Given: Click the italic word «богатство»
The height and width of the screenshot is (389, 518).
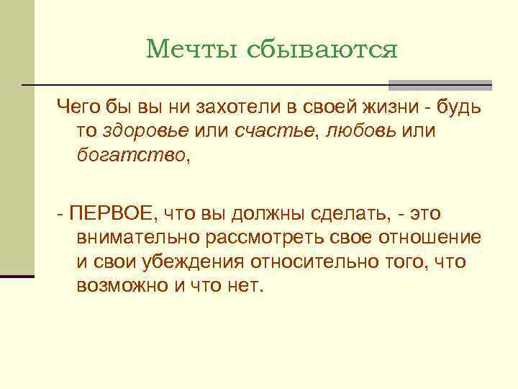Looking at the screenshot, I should [130, 155].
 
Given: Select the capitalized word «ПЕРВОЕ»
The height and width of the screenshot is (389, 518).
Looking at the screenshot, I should [111, 213].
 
